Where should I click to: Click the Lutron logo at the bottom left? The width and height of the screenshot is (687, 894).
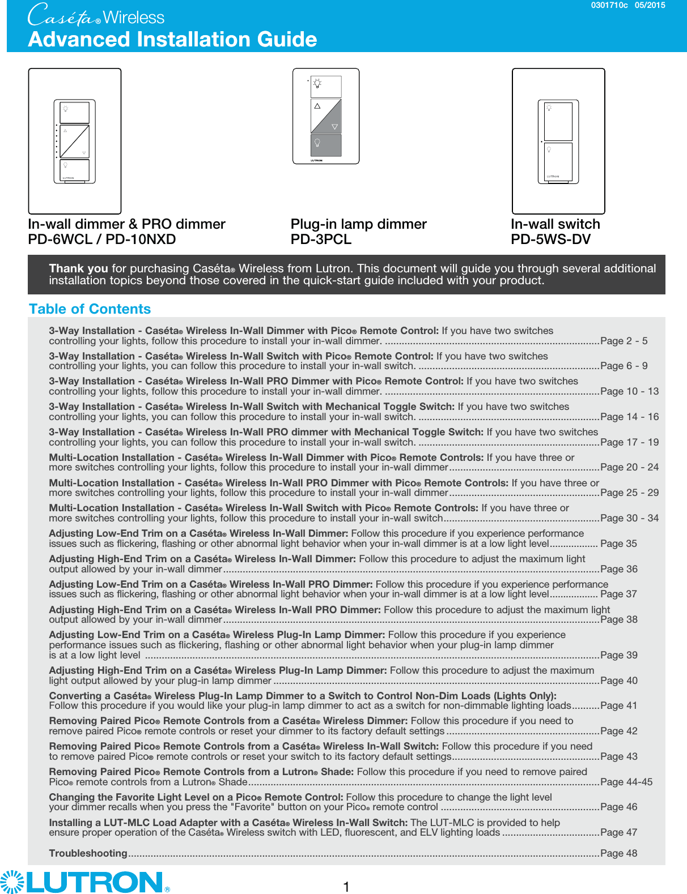point(85,882)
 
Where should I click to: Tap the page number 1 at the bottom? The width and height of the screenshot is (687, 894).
point(346,886)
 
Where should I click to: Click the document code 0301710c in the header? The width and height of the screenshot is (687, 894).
point(609,5)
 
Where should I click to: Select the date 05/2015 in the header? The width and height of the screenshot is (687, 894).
point(650,5)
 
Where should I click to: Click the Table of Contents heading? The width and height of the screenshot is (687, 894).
point(90,309)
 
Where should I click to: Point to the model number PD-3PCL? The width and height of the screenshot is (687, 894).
point(321,239)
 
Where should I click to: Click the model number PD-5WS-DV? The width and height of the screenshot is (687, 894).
point(550,239)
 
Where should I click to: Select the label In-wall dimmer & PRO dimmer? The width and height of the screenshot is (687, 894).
point(126,224)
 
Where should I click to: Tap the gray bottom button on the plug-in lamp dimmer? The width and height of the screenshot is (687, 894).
point(326,145)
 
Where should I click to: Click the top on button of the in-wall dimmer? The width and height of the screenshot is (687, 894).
point(75,113)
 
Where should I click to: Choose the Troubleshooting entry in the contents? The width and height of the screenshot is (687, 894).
point(88,853)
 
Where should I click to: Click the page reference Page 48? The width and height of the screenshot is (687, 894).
point(618,853)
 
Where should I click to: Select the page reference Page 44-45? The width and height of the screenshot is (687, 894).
point(626,782)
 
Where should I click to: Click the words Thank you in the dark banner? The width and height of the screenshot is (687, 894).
point(78,268)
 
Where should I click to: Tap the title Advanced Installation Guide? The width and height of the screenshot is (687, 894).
point(172,39)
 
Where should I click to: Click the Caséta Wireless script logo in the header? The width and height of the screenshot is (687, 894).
point(96,16)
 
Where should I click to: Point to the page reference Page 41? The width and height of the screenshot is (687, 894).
point(618,705)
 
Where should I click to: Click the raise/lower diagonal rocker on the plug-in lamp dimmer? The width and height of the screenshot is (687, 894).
point(326,116)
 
